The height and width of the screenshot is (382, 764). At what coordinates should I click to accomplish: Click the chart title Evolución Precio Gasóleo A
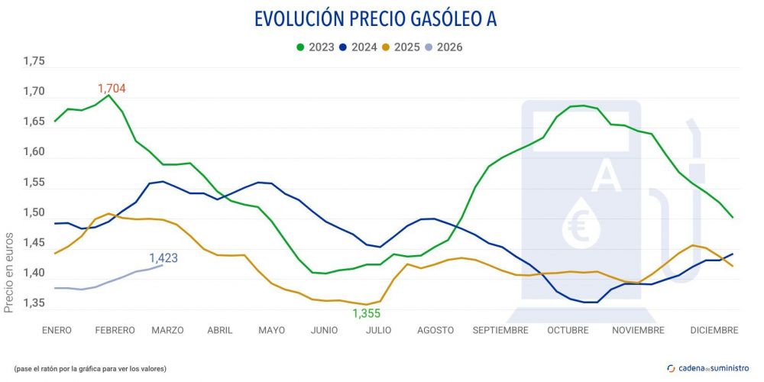[x=374, y=19]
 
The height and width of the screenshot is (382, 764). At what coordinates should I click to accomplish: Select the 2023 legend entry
[x=315, y=47]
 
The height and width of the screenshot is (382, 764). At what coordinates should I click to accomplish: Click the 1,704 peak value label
[x=112, y=89]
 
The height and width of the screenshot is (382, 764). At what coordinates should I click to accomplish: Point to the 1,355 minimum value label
[x=366, y=313]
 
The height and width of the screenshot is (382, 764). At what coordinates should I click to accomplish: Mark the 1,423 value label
[x=163, y=258]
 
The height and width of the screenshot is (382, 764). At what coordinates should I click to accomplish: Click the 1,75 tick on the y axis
[x=34, y=61]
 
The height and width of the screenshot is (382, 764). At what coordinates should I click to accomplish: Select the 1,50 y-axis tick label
[x=34, y=212]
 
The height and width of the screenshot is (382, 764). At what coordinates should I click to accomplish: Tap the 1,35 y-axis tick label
[x=34, y=303]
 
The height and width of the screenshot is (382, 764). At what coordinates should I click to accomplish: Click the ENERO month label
[x=57, y=330]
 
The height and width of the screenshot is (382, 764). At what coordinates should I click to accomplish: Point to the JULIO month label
[x=378, y=330]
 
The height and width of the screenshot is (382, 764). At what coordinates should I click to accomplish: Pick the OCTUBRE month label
[x=568, y=330]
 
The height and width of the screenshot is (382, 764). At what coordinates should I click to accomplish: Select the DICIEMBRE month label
[x=714, y=330]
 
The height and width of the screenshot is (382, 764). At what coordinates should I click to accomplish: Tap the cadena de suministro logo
[x=708, y=368]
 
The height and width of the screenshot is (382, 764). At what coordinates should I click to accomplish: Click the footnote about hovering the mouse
[x=89, y=369]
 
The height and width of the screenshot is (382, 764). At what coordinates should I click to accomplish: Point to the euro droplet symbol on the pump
[x=578, y=222]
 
